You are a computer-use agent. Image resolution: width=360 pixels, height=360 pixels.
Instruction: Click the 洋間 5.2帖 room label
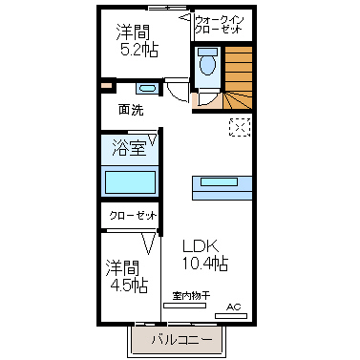(137, 40)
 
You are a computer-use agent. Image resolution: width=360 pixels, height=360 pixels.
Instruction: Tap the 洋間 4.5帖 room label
(127, 277)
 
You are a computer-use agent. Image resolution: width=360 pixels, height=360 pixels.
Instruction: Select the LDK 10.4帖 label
(204, 255)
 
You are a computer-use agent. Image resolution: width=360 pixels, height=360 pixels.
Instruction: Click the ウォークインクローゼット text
(219, 25)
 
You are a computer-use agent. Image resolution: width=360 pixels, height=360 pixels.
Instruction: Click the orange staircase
(239, 78)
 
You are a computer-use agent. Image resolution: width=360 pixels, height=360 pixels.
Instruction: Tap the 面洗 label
(131, 110)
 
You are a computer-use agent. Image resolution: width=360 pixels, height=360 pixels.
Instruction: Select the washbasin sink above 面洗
(147, 88)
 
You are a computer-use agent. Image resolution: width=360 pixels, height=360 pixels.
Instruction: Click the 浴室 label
(129, 148)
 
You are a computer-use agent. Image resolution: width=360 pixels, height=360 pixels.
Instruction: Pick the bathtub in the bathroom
(131, 182)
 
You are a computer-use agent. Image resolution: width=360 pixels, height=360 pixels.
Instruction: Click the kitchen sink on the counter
(219, 182)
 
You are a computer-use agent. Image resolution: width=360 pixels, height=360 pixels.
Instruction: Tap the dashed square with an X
(240, 128)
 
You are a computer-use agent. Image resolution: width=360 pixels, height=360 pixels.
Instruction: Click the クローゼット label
(133, 216)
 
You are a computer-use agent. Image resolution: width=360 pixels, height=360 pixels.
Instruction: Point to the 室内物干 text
(191, 296)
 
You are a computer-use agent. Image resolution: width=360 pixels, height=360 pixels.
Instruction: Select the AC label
(234, 307)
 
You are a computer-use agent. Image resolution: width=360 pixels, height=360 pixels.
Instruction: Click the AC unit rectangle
(231, 316)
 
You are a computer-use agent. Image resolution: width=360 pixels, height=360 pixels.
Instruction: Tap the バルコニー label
(181, 340)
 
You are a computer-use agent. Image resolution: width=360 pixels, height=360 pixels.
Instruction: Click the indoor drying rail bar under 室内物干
(184, 306)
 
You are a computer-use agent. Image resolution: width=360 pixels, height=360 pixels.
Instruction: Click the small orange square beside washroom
(106, 86)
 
